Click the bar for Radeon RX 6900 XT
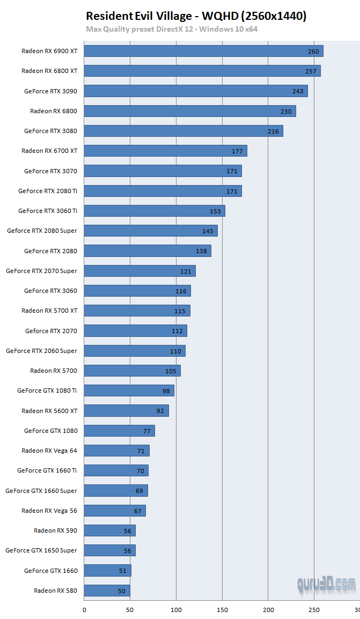(x=203, y=51)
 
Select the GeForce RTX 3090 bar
(x=196, y=91)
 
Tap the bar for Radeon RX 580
(x=107, y=591)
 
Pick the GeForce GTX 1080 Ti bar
(x=129, y=390)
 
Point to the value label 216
(x=274, y=131)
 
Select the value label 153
(x=215, y=211)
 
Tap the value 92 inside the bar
(x=160, y=411)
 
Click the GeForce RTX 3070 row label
(x=50, y=171)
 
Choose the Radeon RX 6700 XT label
(x=49, y=151)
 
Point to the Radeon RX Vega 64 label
(x=49, y=451)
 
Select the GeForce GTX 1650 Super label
(x=41, y=550)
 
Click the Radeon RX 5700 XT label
(x=49, y=311)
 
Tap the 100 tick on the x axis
(x=177, y=609)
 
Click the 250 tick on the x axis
(x=314, y=609)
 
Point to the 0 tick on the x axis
(x=84, y=609)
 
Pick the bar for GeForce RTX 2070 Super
(x=140, y=271)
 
